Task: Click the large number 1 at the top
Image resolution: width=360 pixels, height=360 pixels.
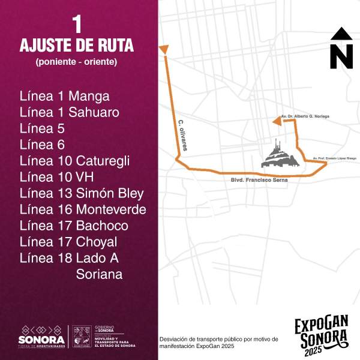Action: coord(76,25)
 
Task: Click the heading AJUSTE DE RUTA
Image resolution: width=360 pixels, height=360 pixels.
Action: coord(76,46)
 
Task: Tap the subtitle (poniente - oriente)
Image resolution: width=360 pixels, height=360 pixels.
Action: coord(76,62)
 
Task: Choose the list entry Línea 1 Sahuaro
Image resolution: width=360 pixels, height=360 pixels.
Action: coord(69,112)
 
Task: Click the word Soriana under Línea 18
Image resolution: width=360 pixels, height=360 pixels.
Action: coord(100,274)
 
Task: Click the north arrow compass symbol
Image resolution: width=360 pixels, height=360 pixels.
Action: coord(341,48)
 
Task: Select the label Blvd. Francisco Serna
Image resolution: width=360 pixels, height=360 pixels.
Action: coord(259,180)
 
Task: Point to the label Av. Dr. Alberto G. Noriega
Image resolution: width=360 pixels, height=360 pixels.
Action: coord(305,116)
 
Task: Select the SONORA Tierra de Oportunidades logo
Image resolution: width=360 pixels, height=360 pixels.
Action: coord(41,337)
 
